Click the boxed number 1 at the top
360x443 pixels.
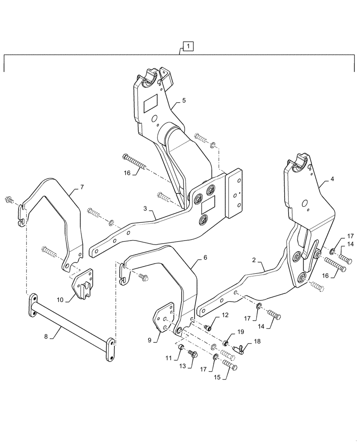point(188,46)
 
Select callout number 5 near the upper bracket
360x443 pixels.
point(184,101)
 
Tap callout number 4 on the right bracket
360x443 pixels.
point(333,180)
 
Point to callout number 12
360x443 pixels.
point(225,315)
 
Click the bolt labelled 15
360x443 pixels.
point(229,365)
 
